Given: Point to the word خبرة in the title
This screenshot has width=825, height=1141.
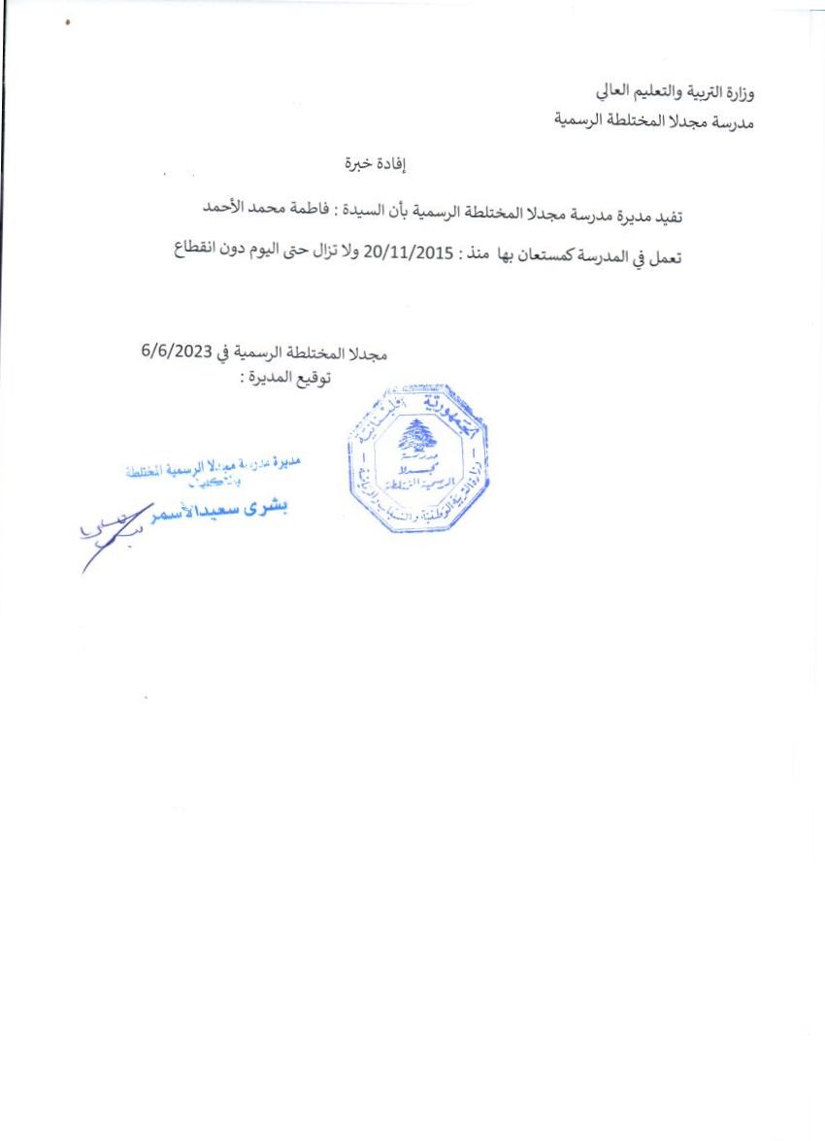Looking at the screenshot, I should (348, 165).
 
